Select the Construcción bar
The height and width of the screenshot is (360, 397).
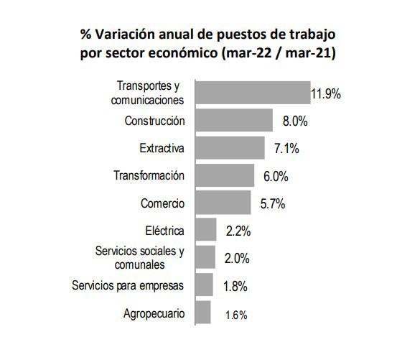[234, 121]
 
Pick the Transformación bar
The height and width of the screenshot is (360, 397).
[225, 175]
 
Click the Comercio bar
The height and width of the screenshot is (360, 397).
[223, 203]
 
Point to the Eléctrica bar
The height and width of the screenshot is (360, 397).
[206, 231]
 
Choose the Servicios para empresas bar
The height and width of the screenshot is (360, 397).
[205, 285]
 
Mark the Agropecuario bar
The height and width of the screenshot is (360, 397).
[203, 313]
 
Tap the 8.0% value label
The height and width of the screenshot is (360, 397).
[294, 121]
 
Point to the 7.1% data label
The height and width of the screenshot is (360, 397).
[286, 149]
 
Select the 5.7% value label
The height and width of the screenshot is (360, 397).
[273, 204]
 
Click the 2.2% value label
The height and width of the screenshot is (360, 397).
[237, 231]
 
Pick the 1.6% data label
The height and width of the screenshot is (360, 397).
[235, 314]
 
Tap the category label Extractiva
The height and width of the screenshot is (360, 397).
[162, 148]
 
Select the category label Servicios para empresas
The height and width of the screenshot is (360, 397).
[129, 285]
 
